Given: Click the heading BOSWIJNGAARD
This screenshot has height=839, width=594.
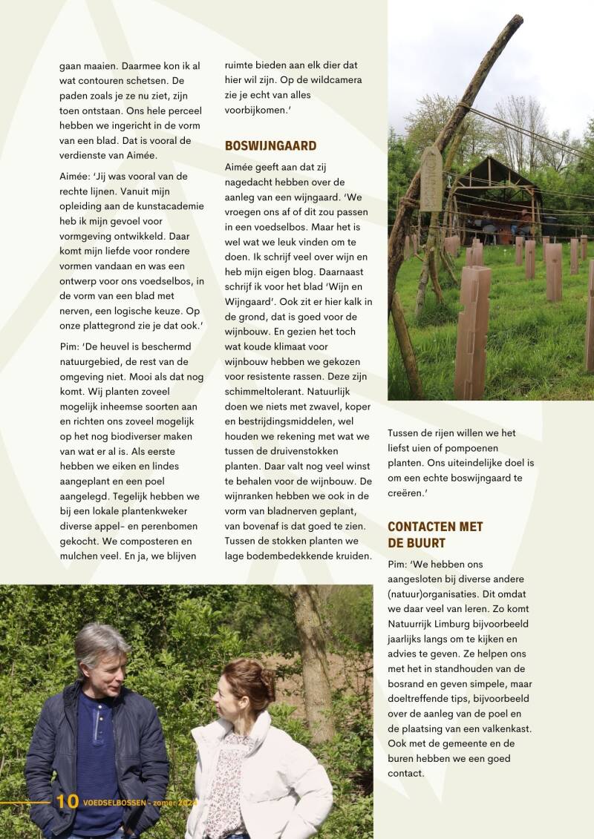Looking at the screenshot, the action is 270,146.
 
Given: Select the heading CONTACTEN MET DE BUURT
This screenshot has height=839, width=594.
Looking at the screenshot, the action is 435,534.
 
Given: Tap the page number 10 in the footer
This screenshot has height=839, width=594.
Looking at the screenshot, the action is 67,802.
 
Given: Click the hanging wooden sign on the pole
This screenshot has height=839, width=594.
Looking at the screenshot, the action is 431,178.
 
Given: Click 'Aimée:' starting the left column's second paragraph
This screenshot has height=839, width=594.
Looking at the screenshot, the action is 77,176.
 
